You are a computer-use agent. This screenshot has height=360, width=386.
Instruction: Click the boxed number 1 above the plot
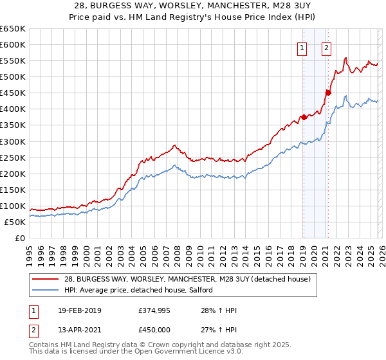coord(302,47)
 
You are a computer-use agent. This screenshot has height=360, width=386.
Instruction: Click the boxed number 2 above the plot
coord(327,47)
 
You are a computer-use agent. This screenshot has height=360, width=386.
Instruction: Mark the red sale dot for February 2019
coord(304,117)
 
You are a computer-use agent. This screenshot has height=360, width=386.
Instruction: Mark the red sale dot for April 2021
coord(328,93)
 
